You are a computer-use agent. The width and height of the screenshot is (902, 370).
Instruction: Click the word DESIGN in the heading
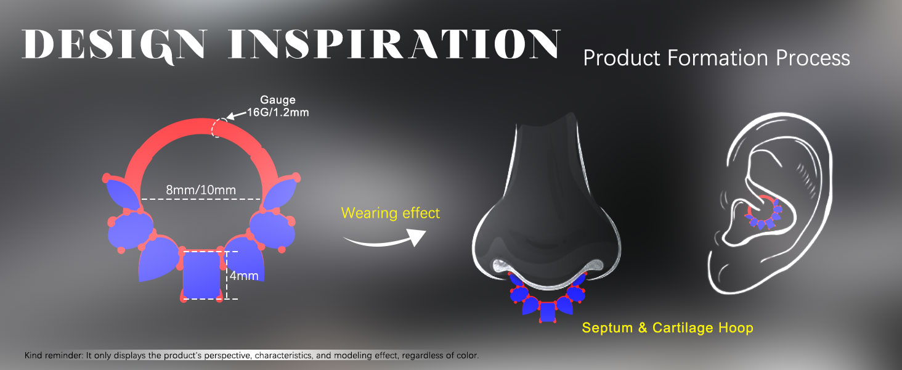[x=115, y=45]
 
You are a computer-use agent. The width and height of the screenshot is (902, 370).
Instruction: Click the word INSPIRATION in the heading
[x=394, y=44]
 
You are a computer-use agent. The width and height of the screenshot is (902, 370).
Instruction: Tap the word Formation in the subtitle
[x=718, y=58]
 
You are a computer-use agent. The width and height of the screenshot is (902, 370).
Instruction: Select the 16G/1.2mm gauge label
[x=278, y=112]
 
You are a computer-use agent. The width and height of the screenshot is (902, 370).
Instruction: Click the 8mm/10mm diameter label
[x=201, y=190]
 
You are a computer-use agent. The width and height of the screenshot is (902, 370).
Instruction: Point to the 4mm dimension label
[x=244, y=276]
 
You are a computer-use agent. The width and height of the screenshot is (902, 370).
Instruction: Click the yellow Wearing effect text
[x=390, y=213]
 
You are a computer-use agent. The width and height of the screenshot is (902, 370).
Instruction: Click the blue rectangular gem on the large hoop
[x=201, y=275]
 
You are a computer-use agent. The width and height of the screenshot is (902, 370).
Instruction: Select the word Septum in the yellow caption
[x=607, y=327]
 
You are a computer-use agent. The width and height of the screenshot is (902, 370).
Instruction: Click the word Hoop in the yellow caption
[x=736, y=327]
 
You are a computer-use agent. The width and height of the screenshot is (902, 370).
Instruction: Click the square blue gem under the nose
[x=546, y=312]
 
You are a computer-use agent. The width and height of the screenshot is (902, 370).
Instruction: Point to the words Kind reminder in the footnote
[x=54, y=355]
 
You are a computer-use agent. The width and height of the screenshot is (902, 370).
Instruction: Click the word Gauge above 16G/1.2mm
[x=278, y=99]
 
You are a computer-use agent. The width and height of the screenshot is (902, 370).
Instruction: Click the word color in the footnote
[x=467, y=355]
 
